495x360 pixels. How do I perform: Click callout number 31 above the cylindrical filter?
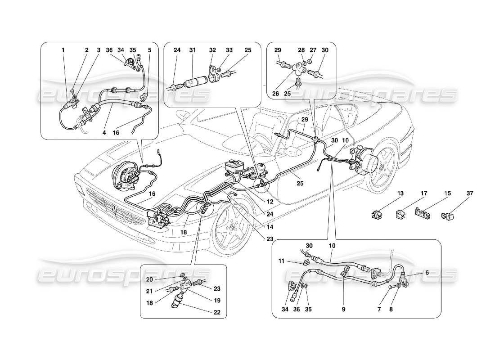click(x=193, y=50)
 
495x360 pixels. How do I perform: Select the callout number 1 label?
click(x=63, y=50)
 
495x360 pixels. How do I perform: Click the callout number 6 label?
click(x=427, y=273)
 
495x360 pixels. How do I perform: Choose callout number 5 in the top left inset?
click(x=149, y=50)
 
